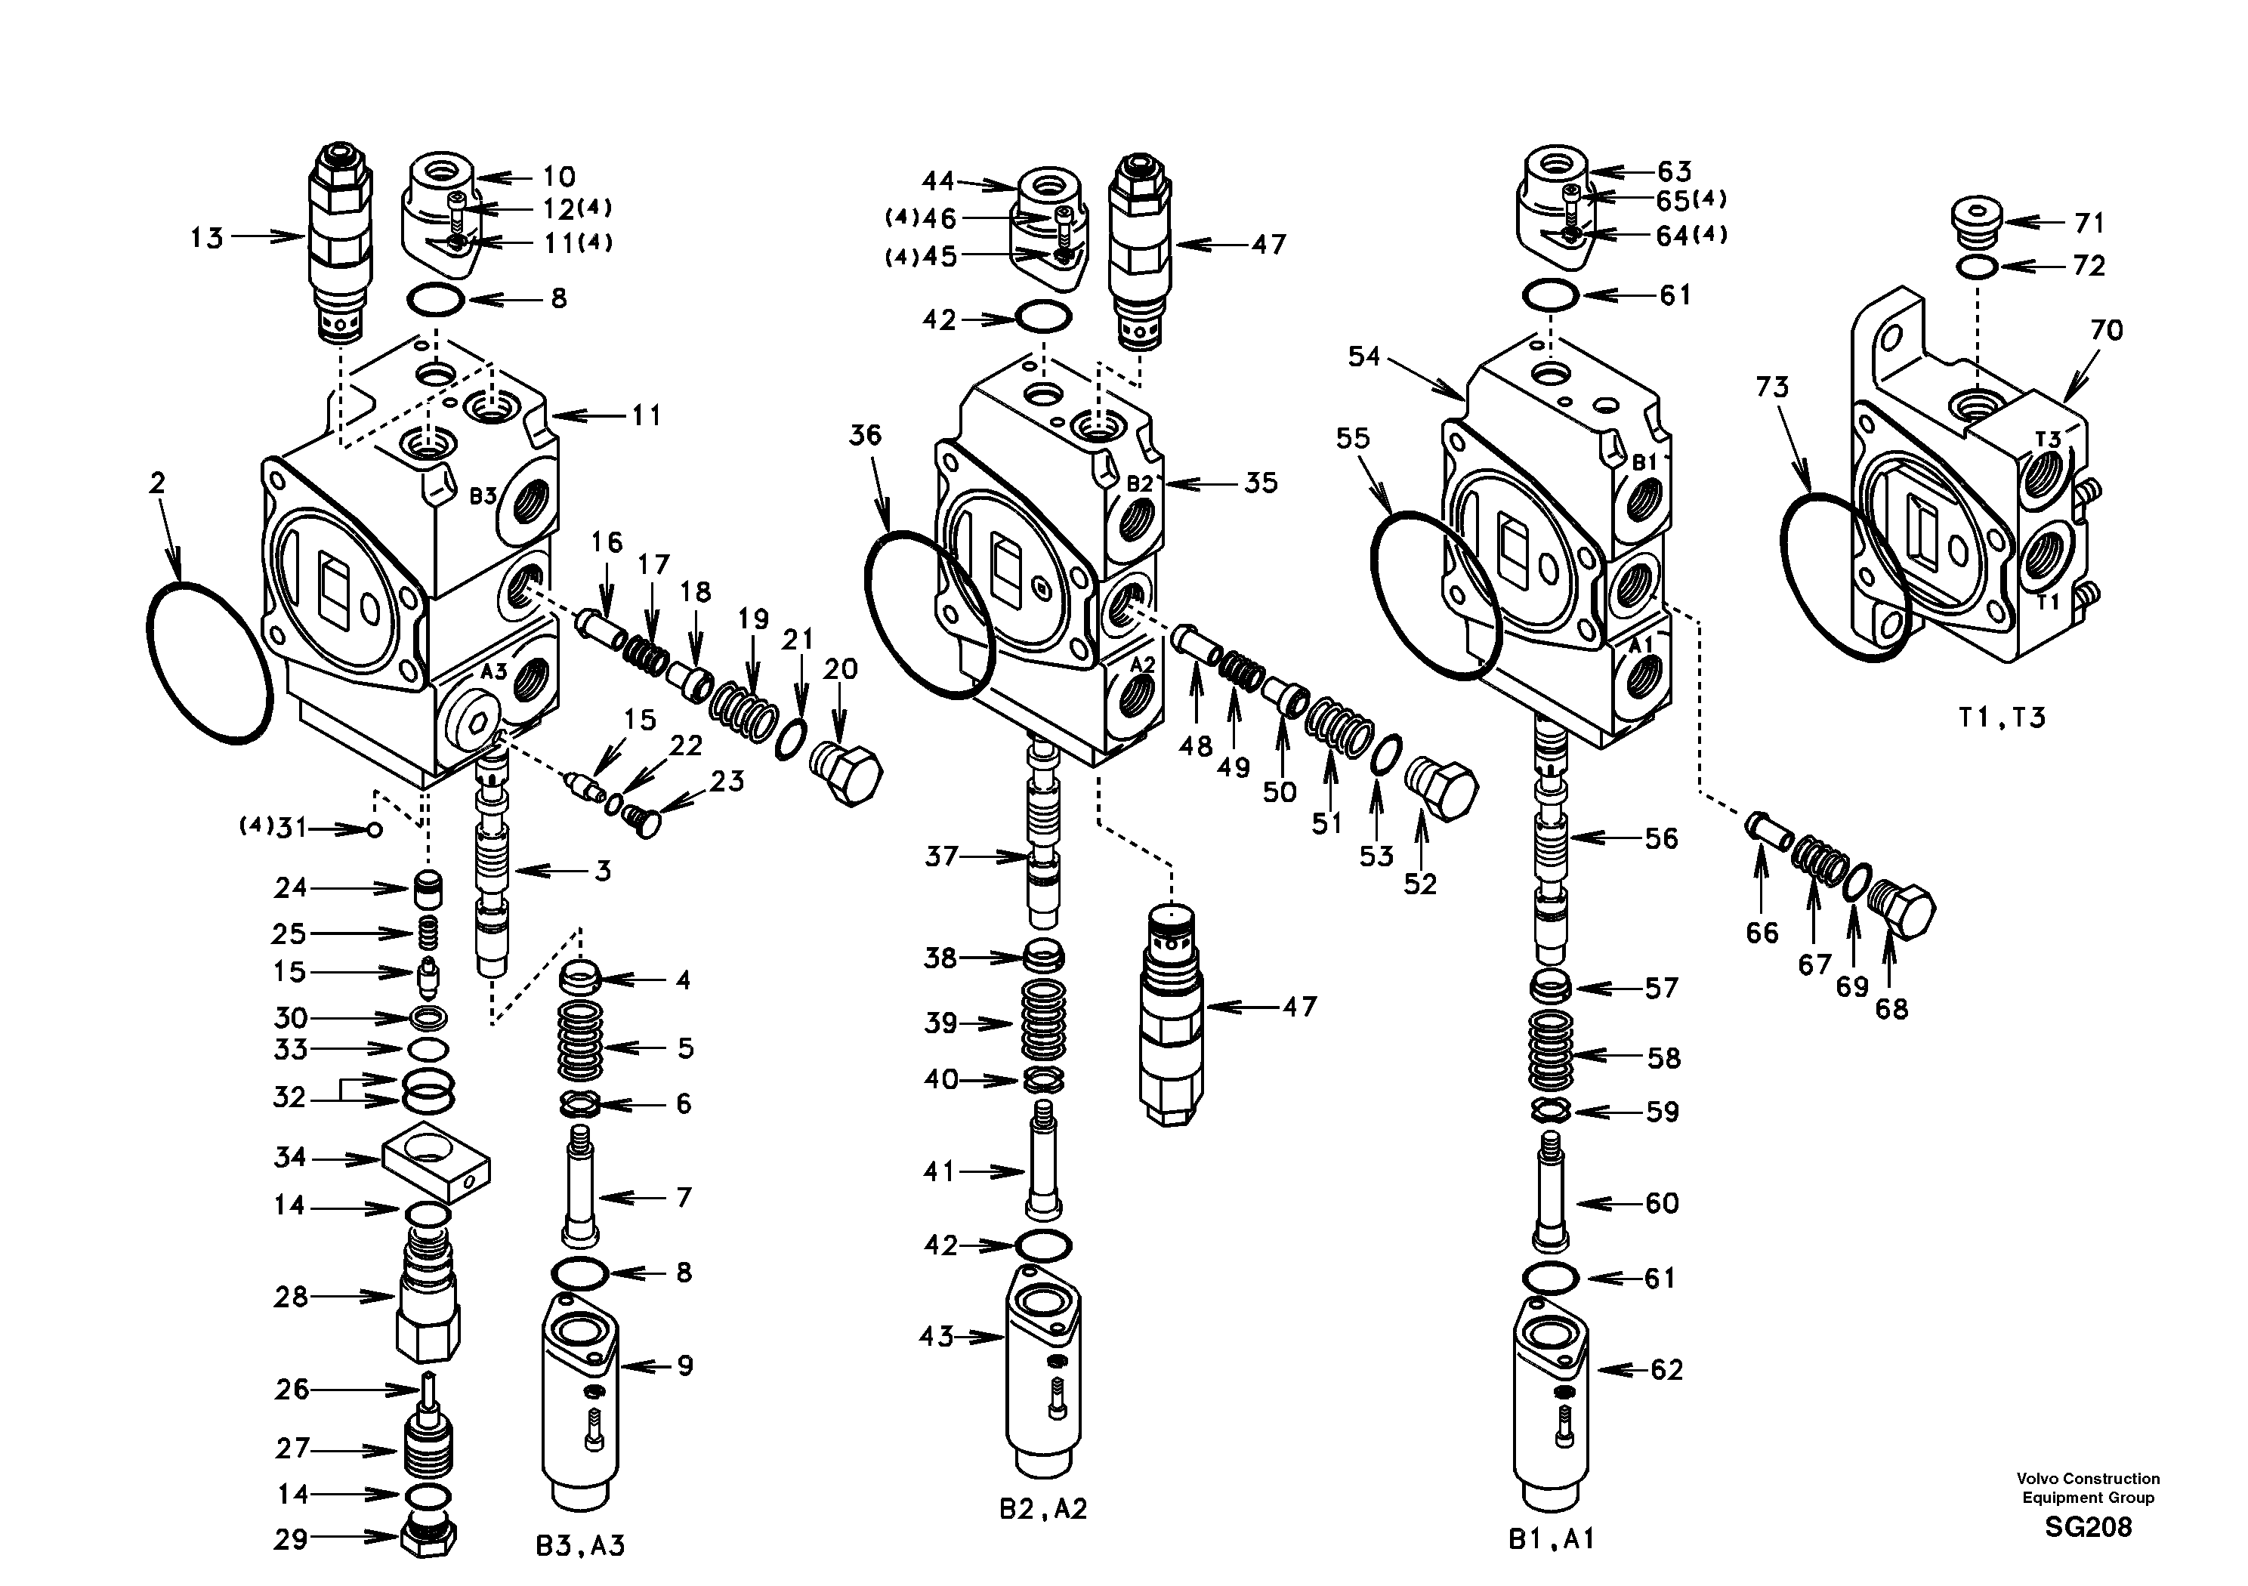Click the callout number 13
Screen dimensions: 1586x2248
(x=206, y=238)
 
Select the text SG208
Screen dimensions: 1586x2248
(x=2087, y=1527)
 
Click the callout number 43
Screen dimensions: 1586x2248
(x=936, y=1336)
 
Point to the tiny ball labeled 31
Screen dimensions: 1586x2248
(x=374, y=830)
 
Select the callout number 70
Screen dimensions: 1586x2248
(x=2105, y=331)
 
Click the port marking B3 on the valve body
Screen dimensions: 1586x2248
(x=483, y=496)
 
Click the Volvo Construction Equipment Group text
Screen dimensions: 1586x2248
(x=2087, y=1487)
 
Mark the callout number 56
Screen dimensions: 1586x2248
(x=1660, y=838)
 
